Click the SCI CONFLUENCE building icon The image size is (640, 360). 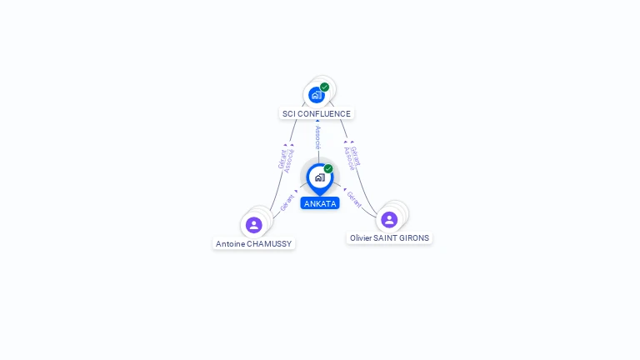tap(316, 95)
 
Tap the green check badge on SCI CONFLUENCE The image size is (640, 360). tap(324, 87)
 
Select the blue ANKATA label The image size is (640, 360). tap(320, 203)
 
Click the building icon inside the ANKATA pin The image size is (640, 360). tap(319, 177)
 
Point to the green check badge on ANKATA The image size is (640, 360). tap(328, 168)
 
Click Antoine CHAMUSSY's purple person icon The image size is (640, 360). tap(254, 224)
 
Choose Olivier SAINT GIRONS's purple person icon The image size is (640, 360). tap(389, 219)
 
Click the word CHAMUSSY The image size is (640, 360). tap(270, 244)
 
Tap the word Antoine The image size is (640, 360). tap(231, 244)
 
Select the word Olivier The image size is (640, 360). tap(360, 238)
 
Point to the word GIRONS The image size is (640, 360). tap(413, 238)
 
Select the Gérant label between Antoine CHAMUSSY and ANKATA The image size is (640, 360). tap(287, 202)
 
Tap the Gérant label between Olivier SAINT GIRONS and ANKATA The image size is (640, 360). tap(354, 199)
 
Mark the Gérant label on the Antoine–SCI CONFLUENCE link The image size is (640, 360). tap(282, 158)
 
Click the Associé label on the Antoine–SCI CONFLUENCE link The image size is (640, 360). tap(289, 160)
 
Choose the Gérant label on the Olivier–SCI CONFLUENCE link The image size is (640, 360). tap(356, 156)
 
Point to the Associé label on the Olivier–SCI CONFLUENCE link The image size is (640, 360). tap(348, 158)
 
